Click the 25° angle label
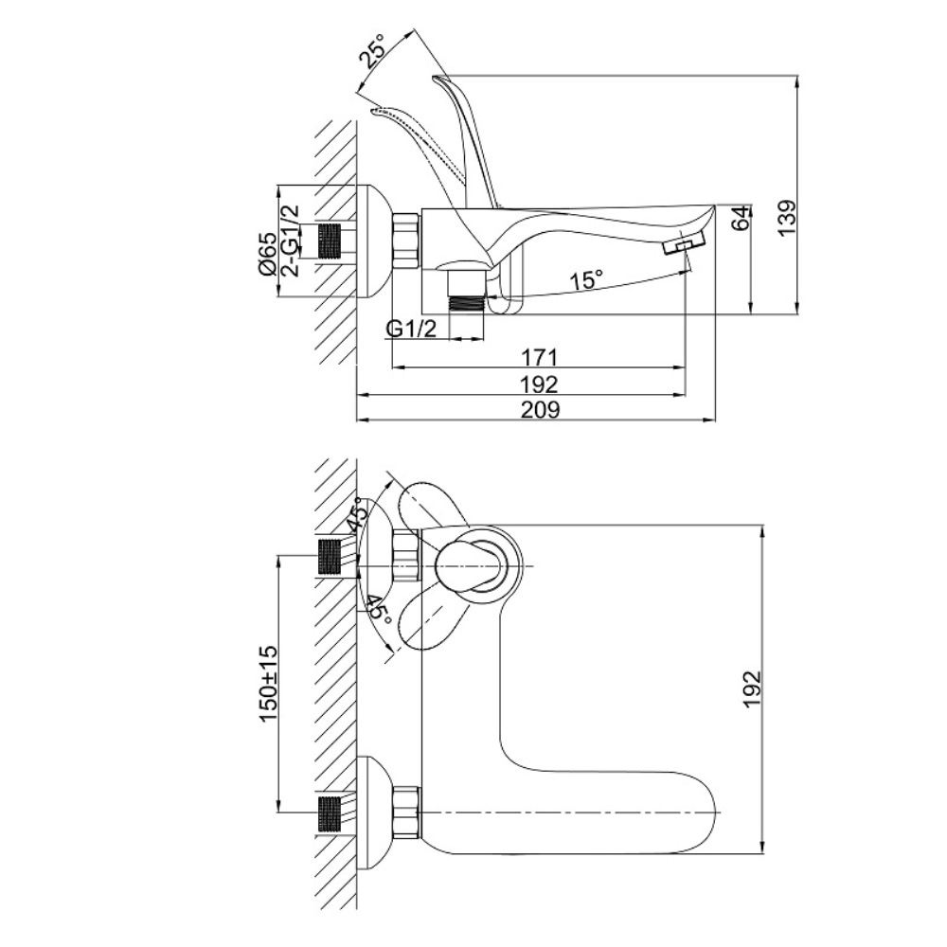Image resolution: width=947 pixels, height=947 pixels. pyautogui.click(x=372, y=52)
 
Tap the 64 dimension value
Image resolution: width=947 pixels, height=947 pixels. pyautogui.click(x=742, y=218)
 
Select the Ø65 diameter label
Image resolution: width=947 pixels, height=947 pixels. pyautogui.click(x=267, y=253)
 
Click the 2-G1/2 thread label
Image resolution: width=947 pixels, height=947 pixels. pyautogui.click(x=291, y=241)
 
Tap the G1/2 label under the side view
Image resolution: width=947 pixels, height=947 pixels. pyautogui.click(x=412, y=329)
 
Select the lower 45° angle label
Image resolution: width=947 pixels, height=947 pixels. pyautogui.click(x=377, y=607)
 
